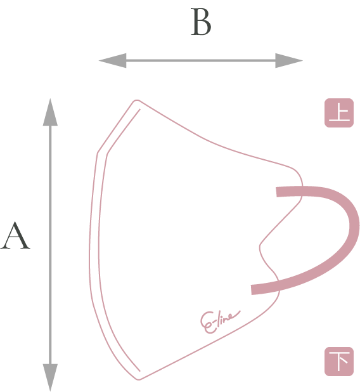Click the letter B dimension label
tap(201, 22)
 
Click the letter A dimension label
tap(15, 235)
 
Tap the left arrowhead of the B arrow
tap(113, 60)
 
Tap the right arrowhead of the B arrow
tap(289, 60)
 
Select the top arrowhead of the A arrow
tap(50, 112)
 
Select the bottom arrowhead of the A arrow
tap(50, 377)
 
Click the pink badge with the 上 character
tap(339, 113)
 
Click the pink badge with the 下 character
tap(339, 362)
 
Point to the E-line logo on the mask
tap(220, 322)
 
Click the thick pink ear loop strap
tap(353, 225)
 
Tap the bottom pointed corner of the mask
tap(139, 379)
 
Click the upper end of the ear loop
tap(277, 192)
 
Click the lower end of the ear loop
tap(252, 290)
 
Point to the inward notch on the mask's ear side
tap(260, 247)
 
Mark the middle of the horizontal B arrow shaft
tap(201, 60)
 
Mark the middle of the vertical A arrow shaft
tap(50, 245)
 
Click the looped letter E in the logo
tap(208, 322)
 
